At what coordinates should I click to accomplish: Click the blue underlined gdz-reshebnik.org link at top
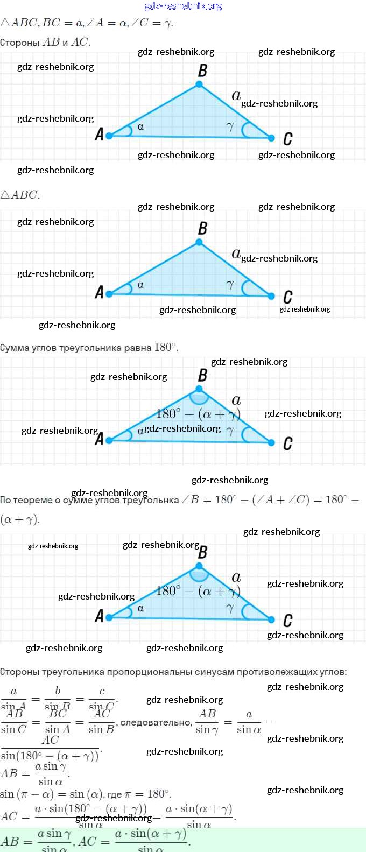tap(183, 6)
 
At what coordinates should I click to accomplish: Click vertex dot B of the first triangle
tap(199, 85)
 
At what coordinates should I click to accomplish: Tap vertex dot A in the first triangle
tap(109, 136)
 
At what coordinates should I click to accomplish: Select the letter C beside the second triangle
tap(288, 297)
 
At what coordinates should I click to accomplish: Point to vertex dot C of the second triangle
tap(271, 295)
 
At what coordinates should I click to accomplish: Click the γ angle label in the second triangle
tap(230, 285)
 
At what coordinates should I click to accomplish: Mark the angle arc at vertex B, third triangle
tap(200, 398)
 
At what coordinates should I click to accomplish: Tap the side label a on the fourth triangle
tap(236, 577)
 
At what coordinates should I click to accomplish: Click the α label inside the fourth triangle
tap(140, 608)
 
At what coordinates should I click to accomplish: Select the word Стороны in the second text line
tap(19, 43)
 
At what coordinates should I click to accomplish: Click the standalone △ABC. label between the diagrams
tap(20, 195)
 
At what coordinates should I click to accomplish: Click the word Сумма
tap(15, 348)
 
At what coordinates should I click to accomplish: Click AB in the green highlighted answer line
tap(10, 841)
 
